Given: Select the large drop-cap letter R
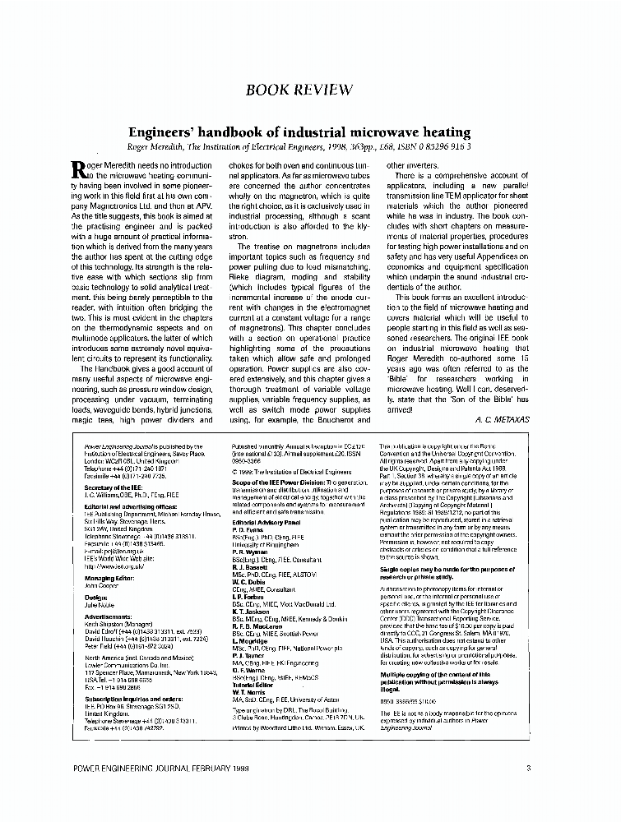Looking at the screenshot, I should click(79, 170).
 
